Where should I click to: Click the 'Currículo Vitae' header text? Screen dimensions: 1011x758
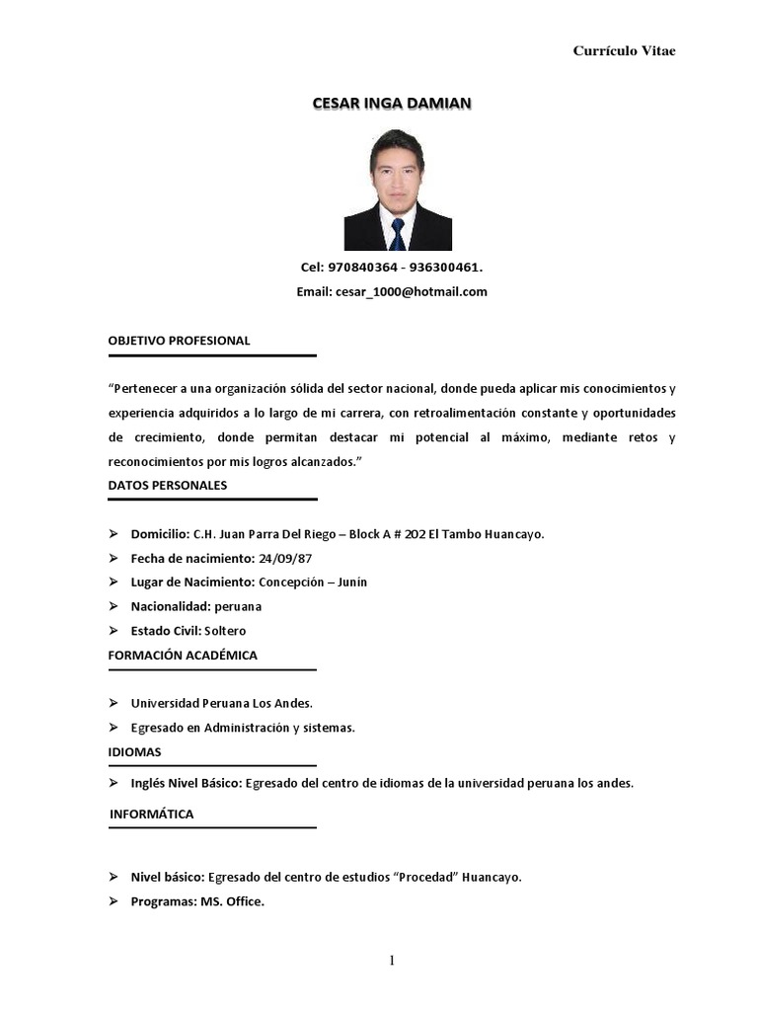624,51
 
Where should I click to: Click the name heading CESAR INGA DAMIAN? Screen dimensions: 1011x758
391,103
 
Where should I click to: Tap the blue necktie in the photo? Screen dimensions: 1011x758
397,233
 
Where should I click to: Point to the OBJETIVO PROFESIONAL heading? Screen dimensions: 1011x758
179,341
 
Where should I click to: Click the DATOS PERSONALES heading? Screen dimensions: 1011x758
168,485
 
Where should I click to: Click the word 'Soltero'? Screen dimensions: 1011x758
225,630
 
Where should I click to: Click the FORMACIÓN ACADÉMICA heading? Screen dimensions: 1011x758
183,655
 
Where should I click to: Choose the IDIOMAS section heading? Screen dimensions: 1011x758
134,751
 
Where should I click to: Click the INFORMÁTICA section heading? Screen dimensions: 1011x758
151,814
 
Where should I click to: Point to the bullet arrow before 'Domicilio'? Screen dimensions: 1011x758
114,534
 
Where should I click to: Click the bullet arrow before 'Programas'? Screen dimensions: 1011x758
114,901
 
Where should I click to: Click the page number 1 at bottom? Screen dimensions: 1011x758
392,962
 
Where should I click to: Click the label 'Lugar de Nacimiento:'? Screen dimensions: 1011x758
192,582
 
